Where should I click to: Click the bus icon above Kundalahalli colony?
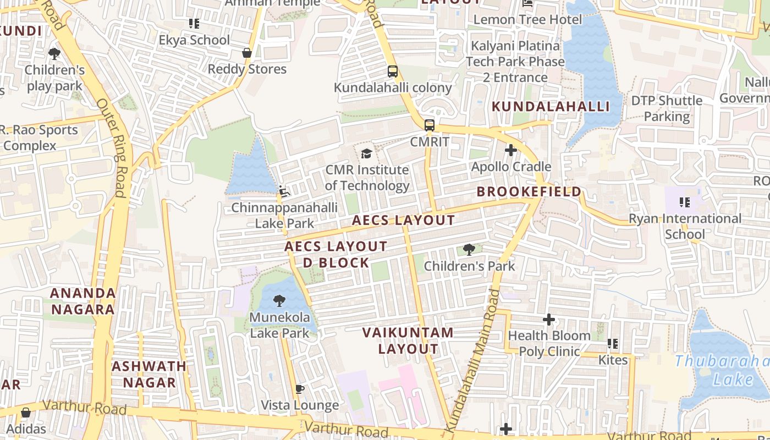click(393, 71)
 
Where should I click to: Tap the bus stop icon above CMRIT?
click(430, 125)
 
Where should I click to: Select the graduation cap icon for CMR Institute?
click(366, 153)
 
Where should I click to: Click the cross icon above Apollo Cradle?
click(511, 150)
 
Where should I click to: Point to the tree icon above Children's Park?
click(469, 250)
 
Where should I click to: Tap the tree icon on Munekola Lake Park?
click(279, 301)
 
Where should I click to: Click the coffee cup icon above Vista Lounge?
click(300, 389)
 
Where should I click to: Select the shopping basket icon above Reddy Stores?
click(247, 53)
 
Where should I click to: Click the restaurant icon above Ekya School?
click(194, 24)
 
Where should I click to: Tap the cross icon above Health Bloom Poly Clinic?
click(548, 319)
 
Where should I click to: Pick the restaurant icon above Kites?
click(613, 344)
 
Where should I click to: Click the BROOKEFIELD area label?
click(529, 191)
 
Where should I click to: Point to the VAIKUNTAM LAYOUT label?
click(408, 340)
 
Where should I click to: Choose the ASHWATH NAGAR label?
click(149, 374)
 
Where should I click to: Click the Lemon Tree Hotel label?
click(527, 20)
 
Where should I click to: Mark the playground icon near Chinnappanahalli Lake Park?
click(284, 191)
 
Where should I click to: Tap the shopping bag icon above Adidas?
click(26, 413)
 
